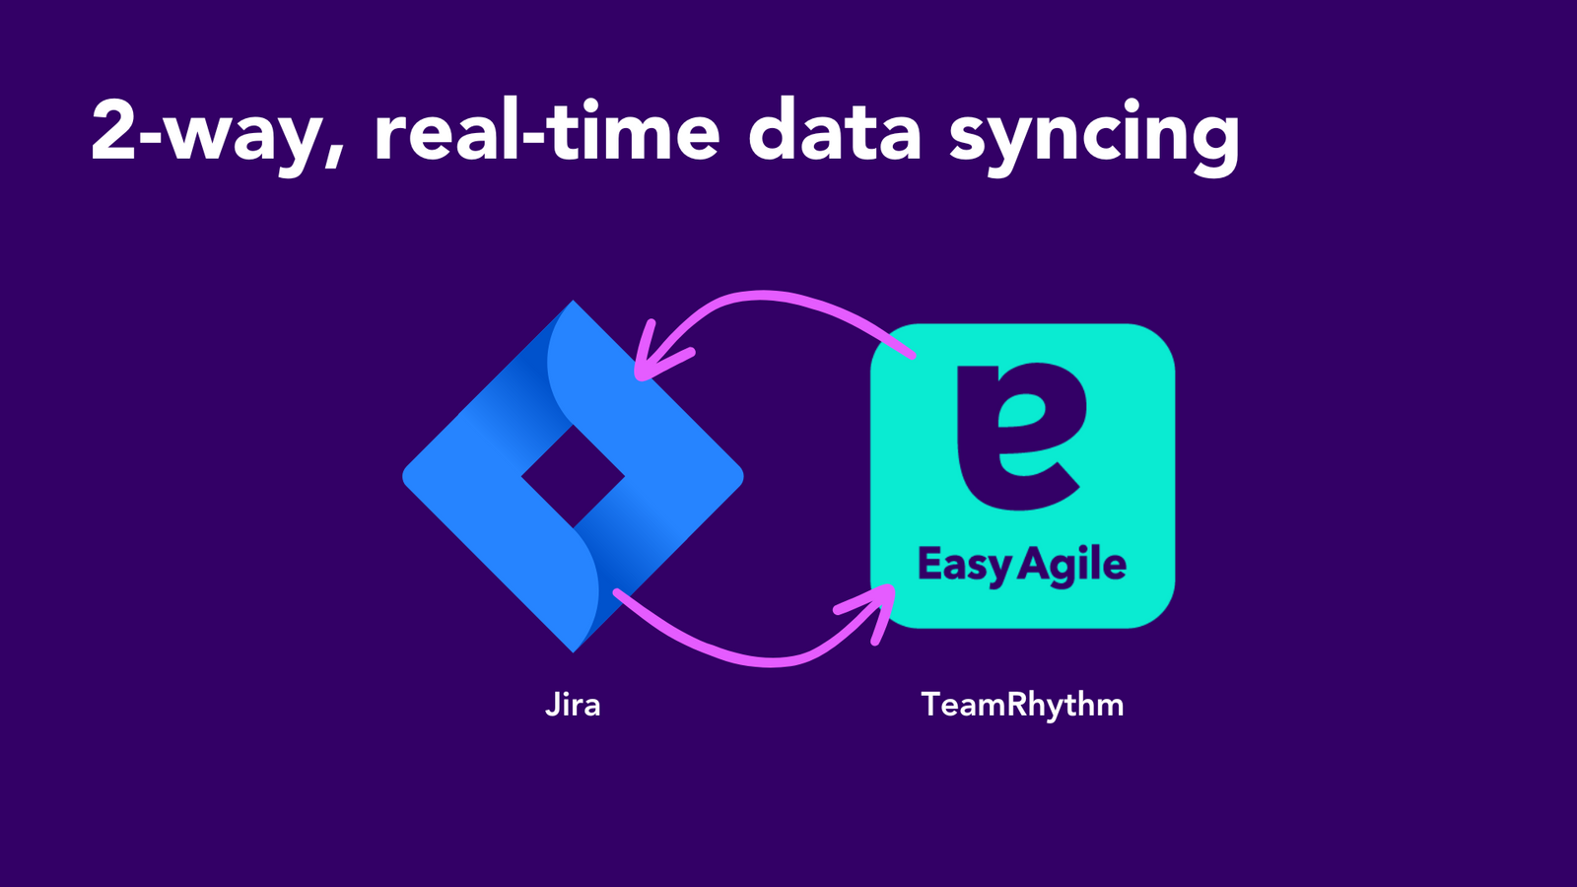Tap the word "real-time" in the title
click(x=547, y=133)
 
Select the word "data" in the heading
click(x=835, y=133)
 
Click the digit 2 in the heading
click(x=113, y=130)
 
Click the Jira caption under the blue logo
click(x=573, y=705)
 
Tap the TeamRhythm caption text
click(x=1022, y=705)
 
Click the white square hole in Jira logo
click(x=573, y=477)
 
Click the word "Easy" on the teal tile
click(x=964, y=566)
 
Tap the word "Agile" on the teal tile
click(x=1072, y=566)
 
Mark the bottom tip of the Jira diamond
click(x=573, y=648)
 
